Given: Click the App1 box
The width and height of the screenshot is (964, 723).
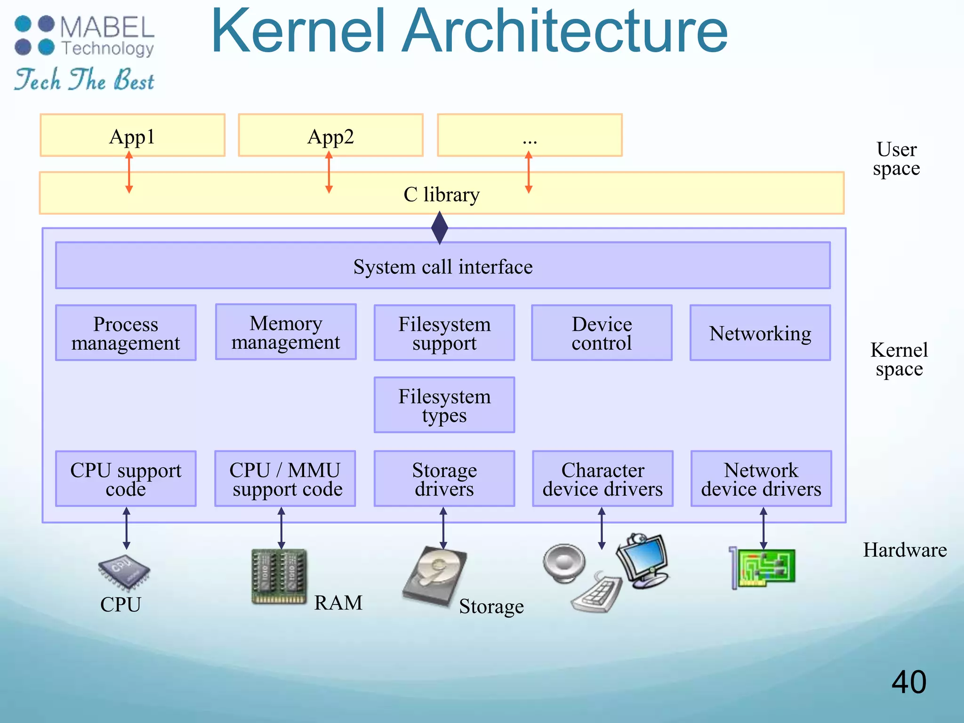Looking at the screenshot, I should click(132, 136).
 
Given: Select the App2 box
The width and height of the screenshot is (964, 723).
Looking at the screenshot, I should click(330, 136).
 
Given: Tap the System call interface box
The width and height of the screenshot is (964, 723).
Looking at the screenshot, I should click(442, 266).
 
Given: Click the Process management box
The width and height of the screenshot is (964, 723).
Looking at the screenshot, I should click(126, 333).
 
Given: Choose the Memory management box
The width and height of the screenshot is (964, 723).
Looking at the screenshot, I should click(286, 332).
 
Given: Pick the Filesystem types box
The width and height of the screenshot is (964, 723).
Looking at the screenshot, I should click(444, 405).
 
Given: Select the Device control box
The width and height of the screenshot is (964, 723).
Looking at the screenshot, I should click(602, 333).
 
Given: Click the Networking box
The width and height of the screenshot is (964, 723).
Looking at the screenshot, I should click(760, 333).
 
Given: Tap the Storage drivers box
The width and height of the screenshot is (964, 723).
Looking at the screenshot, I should click(444, 479).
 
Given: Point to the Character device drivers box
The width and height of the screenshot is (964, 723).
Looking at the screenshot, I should click(602, 479).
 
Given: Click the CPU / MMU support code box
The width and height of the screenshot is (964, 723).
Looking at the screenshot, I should click(285, 479).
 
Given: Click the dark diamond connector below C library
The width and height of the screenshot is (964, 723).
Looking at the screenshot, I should click(440, 228).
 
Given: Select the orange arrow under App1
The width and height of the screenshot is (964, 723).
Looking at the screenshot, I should click(129, 172).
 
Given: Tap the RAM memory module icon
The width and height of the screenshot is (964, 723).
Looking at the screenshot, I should click(279, 577).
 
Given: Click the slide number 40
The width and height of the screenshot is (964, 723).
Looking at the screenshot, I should click(908, 682).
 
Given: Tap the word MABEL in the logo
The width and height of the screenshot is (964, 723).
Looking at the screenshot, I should click(107, 27).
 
